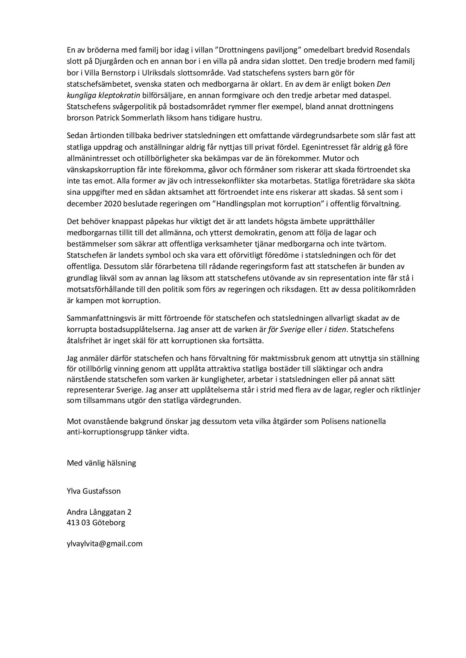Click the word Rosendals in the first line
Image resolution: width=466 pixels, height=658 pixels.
(392, 50)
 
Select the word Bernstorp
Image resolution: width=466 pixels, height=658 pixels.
(110, 72)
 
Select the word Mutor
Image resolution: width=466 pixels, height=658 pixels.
(349, 158)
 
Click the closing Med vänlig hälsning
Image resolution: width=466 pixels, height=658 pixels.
(101, 463)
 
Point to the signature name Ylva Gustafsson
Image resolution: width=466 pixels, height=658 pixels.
(94, 491)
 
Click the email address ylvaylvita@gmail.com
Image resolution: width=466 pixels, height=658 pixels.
(105, 543)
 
